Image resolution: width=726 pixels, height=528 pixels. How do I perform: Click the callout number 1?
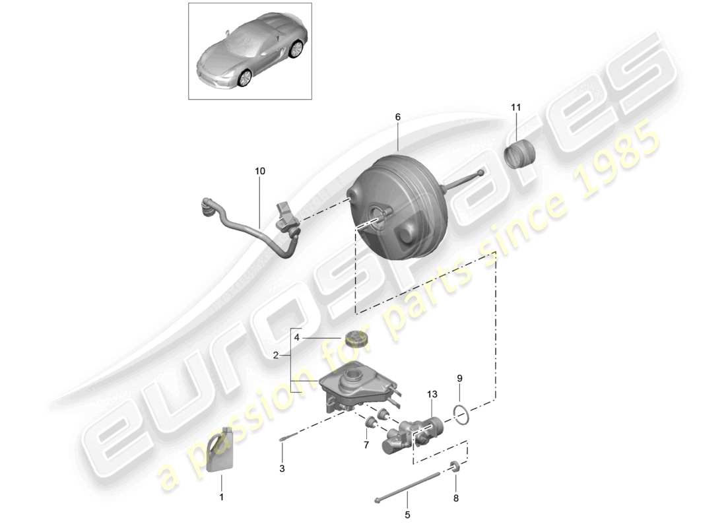222,497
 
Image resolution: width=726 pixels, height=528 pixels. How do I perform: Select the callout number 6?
398,117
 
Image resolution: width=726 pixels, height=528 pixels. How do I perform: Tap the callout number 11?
515,106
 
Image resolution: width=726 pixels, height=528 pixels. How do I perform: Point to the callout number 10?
260,171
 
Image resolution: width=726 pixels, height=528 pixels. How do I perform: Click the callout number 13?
432,395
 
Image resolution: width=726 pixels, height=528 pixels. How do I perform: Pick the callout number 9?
460,378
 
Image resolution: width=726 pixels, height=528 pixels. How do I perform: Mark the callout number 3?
282,469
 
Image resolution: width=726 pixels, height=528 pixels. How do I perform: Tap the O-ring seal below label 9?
463,414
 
